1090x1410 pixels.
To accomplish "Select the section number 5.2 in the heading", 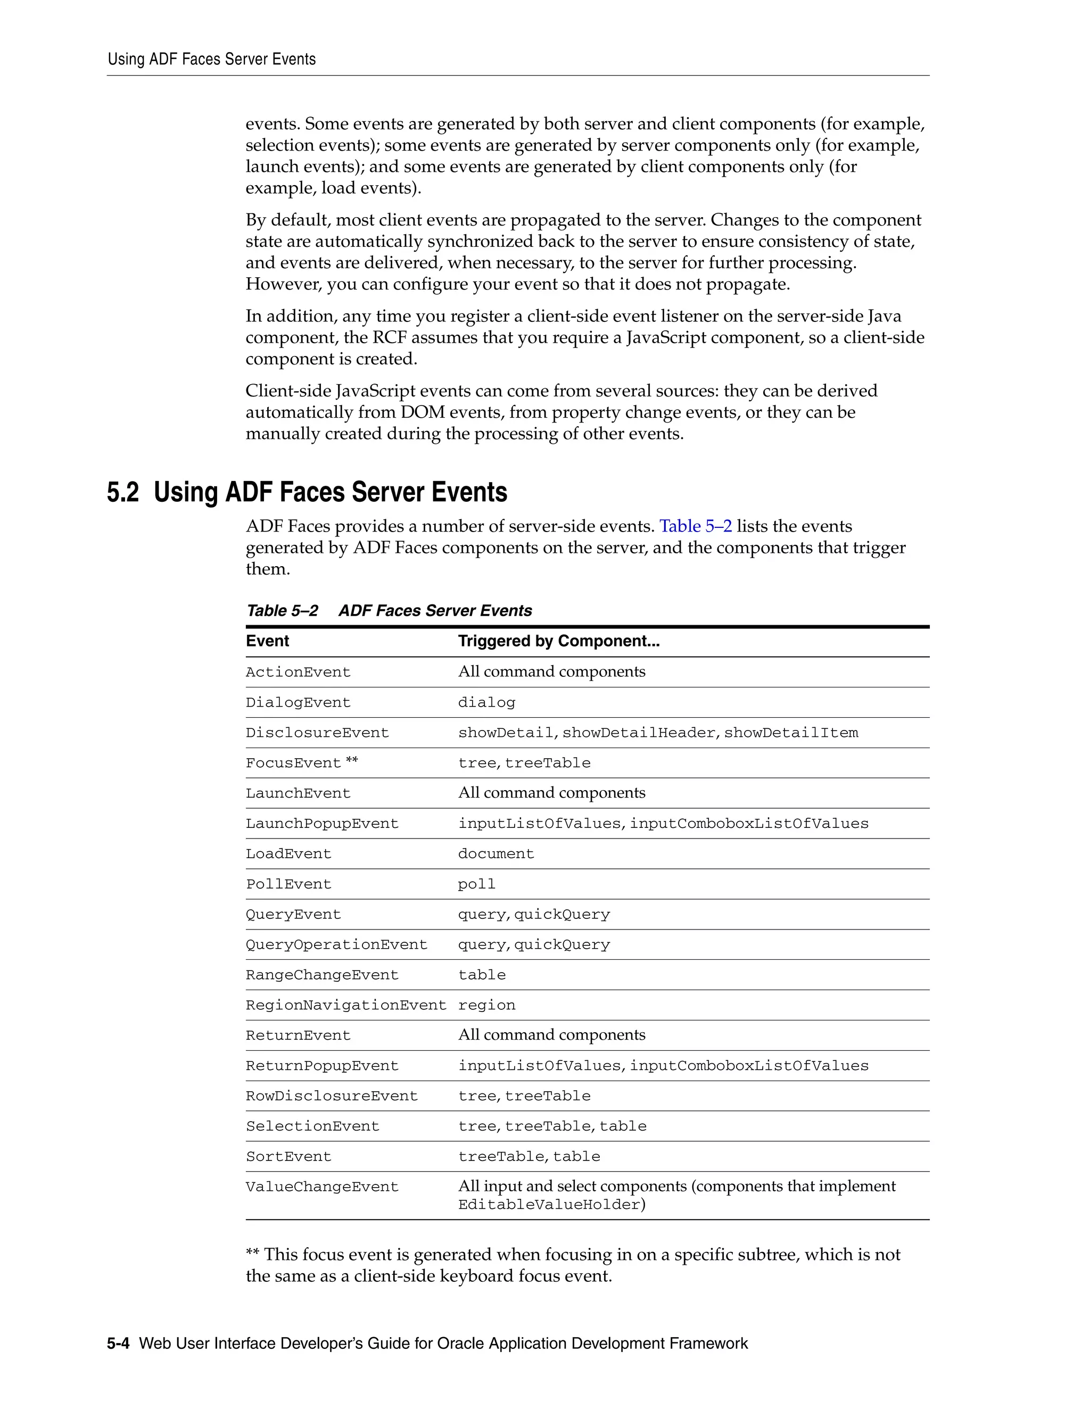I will point(123,493).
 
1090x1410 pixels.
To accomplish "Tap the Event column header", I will point(267,641).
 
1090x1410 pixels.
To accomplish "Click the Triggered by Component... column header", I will point(558,641).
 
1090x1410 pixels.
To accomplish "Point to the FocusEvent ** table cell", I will point(302,763).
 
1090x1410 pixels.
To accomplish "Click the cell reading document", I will point(496,854).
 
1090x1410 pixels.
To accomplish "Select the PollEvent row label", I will point(288,884).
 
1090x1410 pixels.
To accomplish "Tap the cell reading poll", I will point(476,884).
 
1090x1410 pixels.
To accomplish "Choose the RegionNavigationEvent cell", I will point(345,1005).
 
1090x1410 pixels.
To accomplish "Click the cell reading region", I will point(486,1005).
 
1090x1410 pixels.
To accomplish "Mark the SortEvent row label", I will point(288,1157).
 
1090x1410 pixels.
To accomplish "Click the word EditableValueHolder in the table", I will point(549,1205).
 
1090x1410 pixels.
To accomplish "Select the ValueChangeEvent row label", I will point(322,1187).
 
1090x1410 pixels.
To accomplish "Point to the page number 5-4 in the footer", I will point(118,1343).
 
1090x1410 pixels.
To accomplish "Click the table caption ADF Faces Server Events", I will point(435,611).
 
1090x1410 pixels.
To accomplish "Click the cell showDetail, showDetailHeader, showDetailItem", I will point(657,733).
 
